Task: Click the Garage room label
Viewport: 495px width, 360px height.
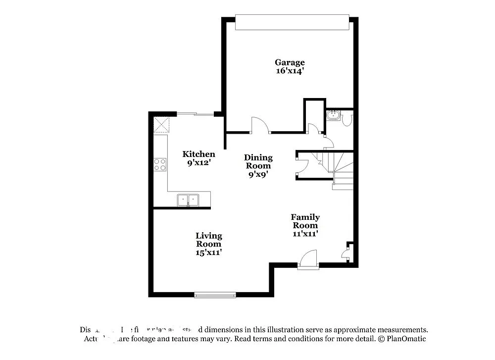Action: click(x=290, y=62)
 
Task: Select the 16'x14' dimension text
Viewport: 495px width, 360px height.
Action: click(x=290, y=71)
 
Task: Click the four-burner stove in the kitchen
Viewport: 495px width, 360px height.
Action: click(x=160, y=164)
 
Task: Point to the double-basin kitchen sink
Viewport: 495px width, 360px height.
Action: click(x=188, y=200)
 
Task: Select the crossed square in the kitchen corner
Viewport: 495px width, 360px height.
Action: click(x=160, y=125)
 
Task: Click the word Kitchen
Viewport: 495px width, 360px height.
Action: click(x=198, y=154)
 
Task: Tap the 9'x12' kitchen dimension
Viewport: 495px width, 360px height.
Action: click(x=198, y=162)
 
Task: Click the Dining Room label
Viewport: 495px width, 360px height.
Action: click(x=258, y=161)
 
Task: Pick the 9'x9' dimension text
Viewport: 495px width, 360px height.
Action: click(x=258, y=174)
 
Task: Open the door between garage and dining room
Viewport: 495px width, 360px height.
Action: click(x=260, y=126)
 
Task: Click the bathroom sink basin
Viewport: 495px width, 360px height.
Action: click(x=333, y=117)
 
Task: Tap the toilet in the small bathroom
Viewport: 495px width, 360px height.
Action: click(x=347, y=119)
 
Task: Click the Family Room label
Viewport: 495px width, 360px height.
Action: click(x=305, y=221)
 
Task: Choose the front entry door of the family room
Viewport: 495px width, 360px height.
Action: click(x=308, y=259)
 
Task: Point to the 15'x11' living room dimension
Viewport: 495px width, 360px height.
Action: click(x=208, y=252)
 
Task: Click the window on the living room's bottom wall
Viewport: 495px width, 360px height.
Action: click(x=215, y=295)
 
